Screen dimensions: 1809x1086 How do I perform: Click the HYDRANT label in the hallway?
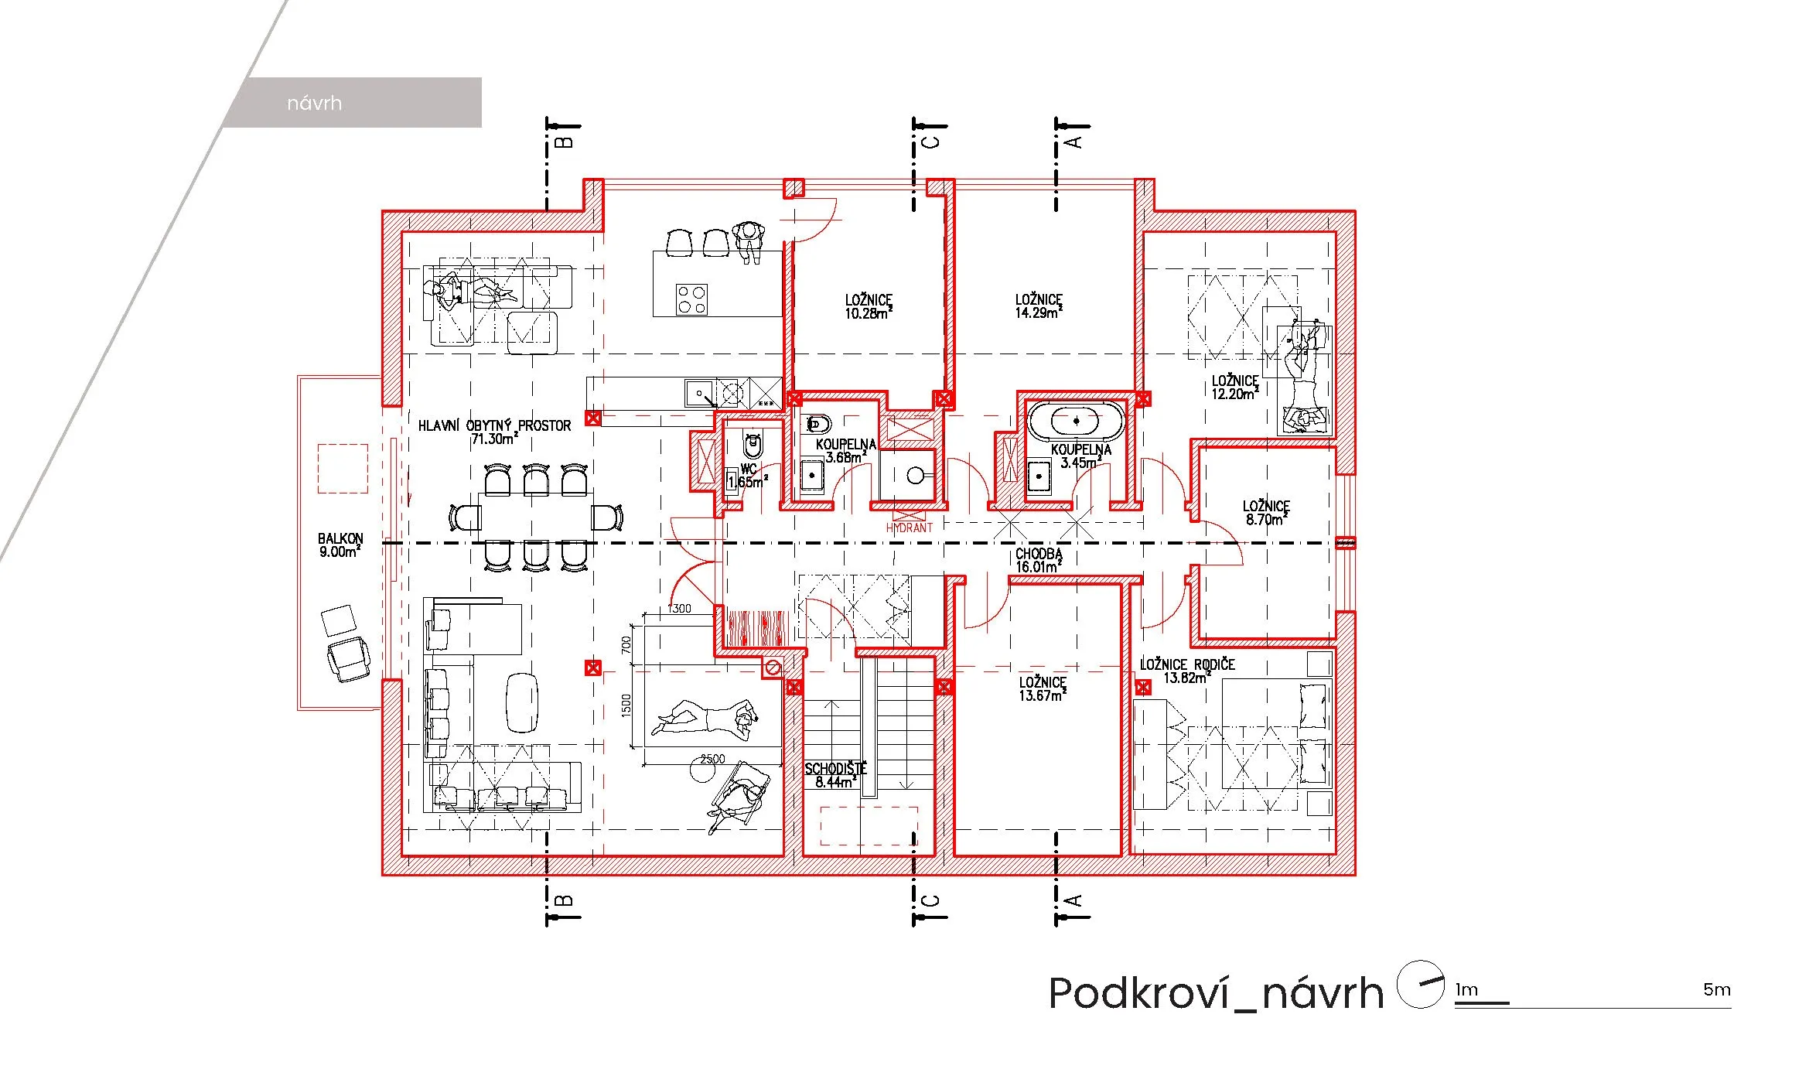pos(909,528)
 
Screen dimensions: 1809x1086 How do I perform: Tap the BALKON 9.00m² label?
pos(340,545)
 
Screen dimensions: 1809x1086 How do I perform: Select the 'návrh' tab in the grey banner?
pos(314,103)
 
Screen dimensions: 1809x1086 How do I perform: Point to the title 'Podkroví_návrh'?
pos(1215,992)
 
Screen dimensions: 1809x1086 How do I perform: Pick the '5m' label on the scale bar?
pos(1717,989)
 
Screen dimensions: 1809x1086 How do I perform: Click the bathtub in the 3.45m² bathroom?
pos(1077,421)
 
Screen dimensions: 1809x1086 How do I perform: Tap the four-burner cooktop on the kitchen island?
pos(691,299)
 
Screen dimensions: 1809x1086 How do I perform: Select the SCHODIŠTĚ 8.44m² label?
pos(835,775)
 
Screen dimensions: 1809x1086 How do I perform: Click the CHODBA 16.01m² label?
pos(1039,560)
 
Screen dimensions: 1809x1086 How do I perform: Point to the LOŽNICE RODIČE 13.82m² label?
pos(1187,671)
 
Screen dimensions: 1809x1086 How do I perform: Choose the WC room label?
pos(748,475)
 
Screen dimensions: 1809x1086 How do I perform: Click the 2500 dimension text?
pos(712,759)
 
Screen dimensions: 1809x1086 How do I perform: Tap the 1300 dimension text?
pos(679,609)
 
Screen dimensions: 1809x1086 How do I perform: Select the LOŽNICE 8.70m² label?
pos(1266,513)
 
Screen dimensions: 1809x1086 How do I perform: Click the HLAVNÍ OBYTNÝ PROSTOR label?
pos(494,432)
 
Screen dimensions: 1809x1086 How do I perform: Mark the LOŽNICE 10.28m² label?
pos(869,306)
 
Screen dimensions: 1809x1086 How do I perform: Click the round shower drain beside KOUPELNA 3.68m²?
pos(916,476)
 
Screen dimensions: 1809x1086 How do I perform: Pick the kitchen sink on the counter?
pos(700,394)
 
